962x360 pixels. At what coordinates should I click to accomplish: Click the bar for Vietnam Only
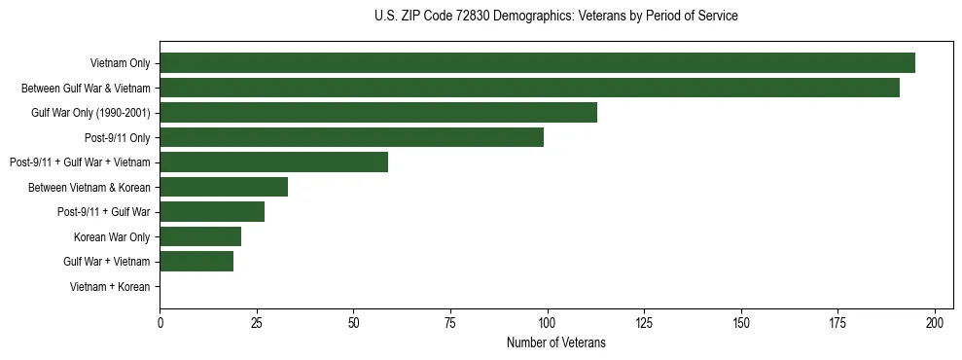[537, 63]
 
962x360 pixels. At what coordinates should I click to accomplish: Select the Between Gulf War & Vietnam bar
[529, 88]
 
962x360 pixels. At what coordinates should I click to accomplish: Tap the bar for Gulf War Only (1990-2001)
[378, 113]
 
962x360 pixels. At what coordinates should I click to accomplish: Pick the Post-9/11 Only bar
[351, 137]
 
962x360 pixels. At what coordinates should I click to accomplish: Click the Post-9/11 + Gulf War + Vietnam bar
[273, 162]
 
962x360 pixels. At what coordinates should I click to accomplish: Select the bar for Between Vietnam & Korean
[224, 187]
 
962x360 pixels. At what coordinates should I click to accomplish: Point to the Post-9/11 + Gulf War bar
[212, 212]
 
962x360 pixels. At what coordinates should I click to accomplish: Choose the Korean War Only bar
[200, 236]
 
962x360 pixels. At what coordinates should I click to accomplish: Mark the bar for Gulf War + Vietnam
[196, 262]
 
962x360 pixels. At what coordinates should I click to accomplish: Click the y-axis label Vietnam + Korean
[110, 287]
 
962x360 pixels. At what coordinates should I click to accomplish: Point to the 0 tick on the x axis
[160, 322]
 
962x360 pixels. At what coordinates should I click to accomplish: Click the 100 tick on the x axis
[548, 322]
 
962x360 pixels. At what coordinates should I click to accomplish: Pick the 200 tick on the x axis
[935, 322]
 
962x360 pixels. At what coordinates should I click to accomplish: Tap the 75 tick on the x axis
[451, 322]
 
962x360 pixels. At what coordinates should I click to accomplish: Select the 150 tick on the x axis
[741, 322]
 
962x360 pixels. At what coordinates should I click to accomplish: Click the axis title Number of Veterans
[555, 342]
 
